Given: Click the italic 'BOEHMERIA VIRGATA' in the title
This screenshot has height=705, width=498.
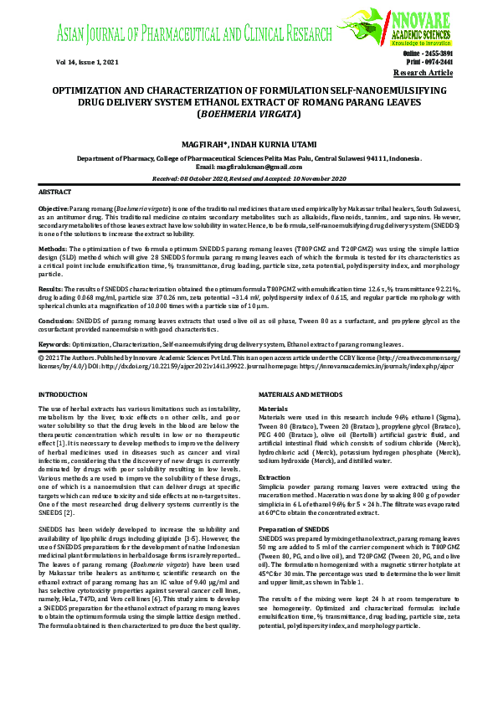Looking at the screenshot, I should tap(248, 113).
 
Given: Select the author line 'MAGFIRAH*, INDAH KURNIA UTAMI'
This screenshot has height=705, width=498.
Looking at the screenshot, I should tap(248, 143).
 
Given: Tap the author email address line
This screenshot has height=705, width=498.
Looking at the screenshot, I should tap(249, 166).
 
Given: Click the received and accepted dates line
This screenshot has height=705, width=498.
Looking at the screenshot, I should tap(249, 178).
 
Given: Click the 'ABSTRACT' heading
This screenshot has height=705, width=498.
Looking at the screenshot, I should tap(55, 193).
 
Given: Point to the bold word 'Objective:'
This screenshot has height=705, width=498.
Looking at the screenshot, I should tap(54, 207).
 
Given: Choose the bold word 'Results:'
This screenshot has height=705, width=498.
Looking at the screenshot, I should tap(52, 286).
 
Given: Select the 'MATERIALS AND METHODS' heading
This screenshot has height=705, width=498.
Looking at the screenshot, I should tap(301, 394).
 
